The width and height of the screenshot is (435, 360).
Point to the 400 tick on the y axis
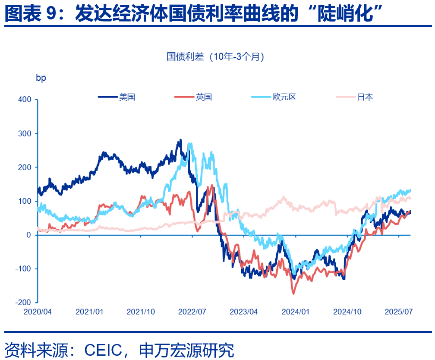click(25, 100)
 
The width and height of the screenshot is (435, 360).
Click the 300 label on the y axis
click(25, 133)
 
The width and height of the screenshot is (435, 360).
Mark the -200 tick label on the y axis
click(24, 303)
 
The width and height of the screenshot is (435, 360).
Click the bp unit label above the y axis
click(41, 78)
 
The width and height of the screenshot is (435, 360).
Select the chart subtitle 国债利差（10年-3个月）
click(215, 57)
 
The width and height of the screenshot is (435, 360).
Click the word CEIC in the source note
click(104, 349)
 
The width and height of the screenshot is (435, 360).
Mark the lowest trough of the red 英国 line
click(294, 294)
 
